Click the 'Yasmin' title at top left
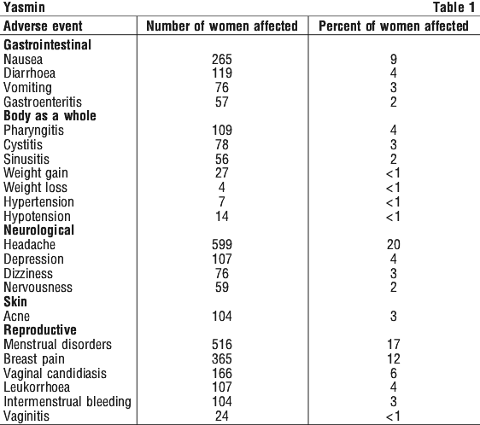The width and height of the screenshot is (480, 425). (24, 8)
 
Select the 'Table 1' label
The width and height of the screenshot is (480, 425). (454, 8)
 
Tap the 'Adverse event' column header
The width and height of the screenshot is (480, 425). (43, 26)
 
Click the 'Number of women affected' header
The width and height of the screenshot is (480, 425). (222, 26)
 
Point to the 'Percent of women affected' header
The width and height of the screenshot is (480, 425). (394, 26)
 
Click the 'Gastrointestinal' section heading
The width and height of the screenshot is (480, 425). (48, 45)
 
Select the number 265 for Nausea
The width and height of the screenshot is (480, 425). (222, 60)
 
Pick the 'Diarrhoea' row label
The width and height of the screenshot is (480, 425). (29, 73)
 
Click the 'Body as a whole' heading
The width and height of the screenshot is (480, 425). (50, 116)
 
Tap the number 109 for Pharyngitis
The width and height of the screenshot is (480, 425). (222, 131)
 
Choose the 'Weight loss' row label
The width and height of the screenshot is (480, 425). (35, 187)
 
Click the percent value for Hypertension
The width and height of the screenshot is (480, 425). (394, 202)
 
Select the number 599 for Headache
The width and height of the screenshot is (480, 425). (222, 244)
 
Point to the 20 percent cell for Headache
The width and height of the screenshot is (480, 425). (394, 244)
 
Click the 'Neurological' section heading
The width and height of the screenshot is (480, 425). (39, 230)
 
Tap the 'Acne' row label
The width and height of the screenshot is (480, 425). (16, 316)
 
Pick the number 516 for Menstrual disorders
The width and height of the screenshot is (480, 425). (222, 345)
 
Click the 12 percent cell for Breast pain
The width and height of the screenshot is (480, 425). (394, 359)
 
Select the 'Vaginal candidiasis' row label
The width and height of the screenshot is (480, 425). (56, 373)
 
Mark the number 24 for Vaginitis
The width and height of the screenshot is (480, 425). (222, 416)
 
